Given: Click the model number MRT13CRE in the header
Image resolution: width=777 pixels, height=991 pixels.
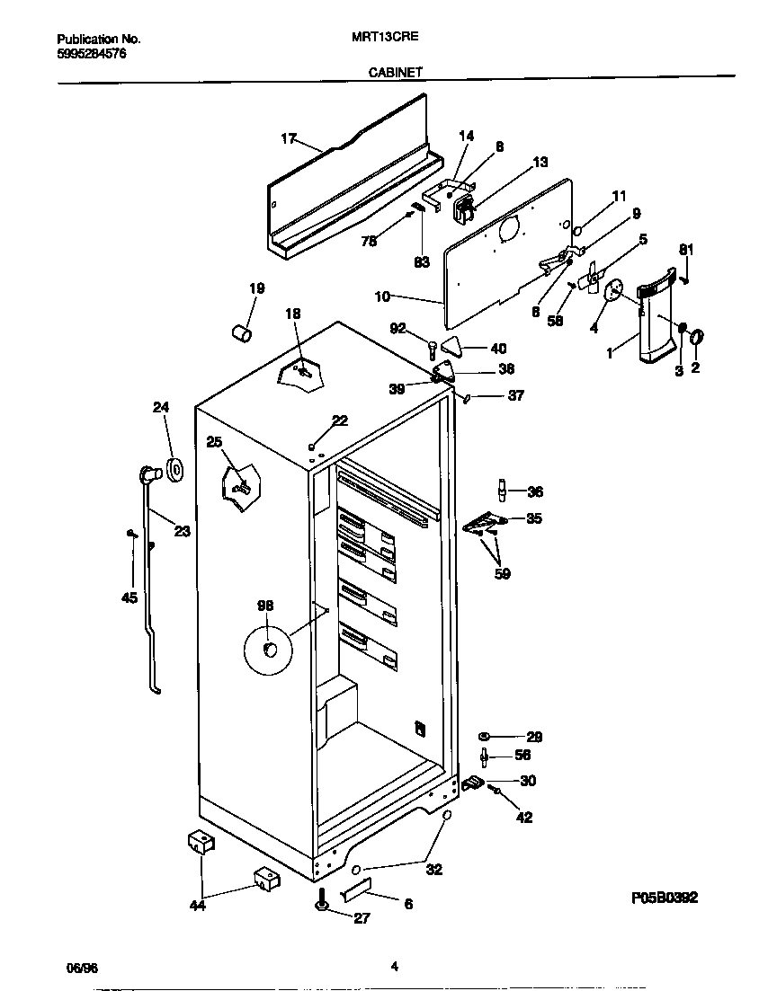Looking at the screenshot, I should point(383,40).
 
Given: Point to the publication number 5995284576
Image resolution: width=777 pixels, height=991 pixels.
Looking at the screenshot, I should point(92,54).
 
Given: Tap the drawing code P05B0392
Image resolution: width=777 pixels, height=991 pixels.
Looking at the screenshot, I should point(664,898).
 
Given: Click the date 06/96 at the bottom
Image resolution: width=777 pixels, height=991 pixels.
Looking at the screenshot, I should point(82,967).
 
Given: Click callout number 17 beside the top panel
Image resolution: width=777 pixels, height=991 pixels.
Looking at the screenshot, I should point(288,138).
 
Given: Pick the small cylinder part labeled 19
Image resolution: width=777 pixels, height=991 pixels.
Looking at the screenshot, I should point(241,334).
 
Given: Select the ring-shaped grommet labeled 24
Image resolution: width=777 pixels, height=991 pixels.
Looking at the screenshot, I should point(174,467).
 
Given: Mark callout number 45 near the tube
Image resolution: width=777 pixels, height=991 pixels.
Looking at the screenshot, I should point(129,597).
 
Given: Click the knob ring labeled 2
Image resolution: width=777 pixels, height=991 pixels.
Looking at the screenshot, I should point(698,336).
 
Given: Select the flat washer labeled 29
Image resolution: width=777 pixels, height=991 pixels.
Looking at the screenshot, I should point(484,737).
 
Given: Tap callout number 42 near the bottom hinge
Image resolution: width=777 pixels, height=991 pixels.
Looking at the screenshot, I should point(523,818).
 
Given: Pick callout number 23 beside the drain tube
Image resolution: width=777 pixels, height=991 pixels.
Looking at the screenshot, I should point(182,531).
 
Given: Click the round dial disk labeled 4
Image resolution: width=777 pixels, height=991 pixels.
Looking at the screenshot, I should point(615,290).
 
